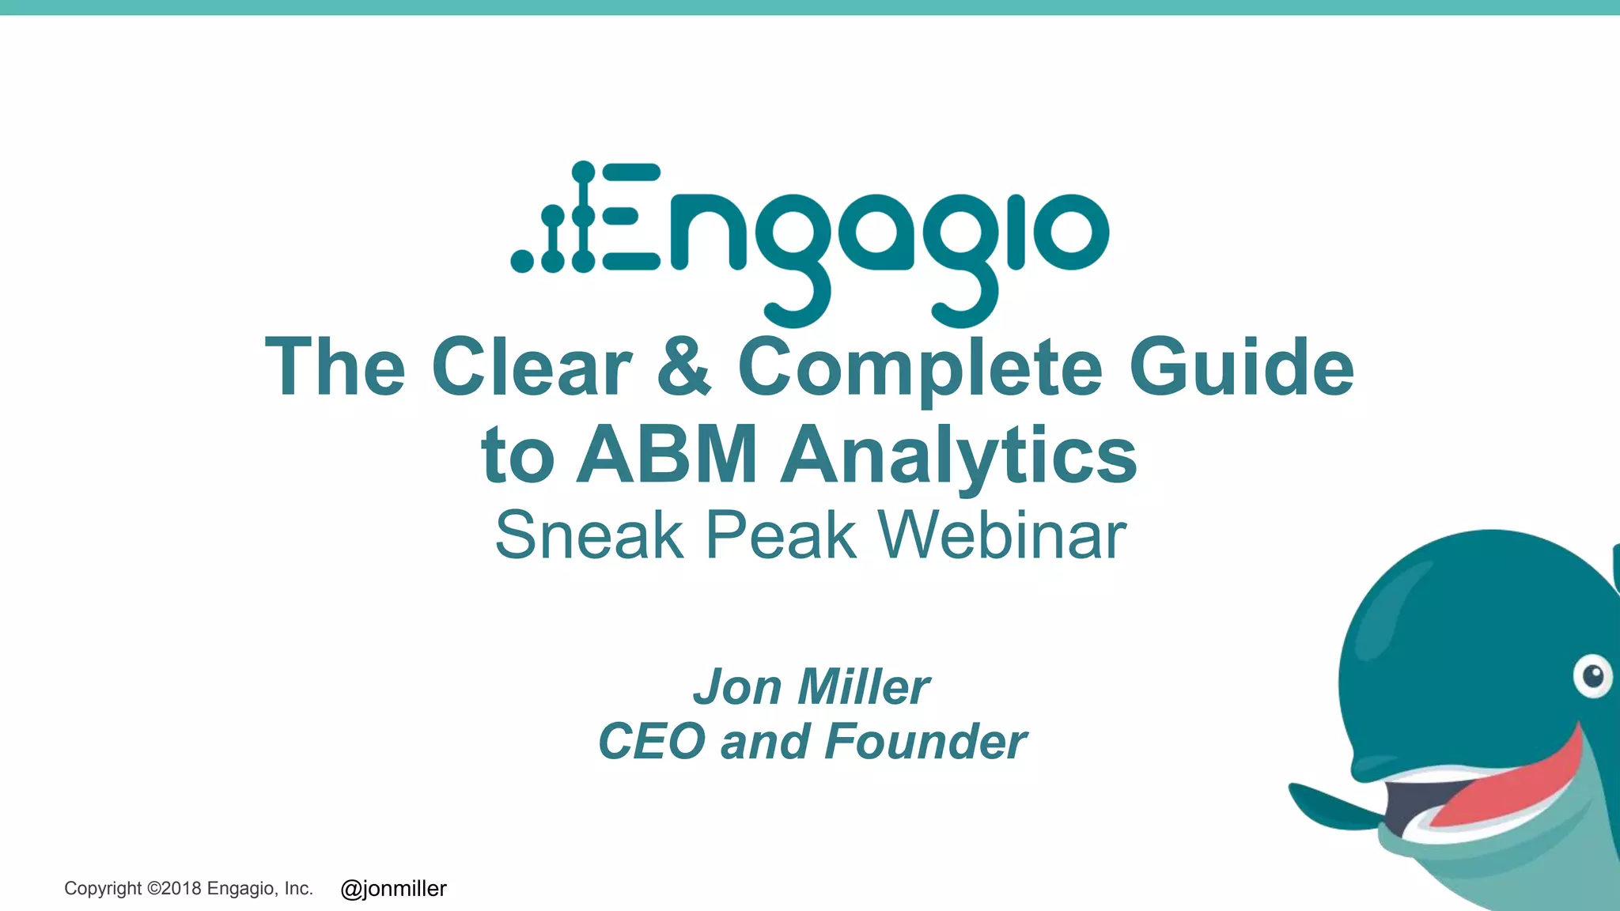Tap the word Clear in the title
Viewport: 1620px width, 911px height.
tap(532, 368)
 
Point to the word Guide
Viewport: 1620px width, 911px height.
tap(1241, 368)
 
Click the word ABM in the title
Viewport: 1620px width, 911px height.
tap(667, 455)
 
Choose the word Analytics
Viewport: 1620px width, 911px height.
tap(959, 457)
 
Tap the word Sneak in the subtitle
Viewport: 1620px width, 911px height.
tap(589, 535)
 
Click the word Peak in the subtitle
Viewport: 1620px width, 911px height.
tap(781, 535)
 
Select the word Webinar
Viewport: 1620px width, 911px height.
tap(1002, 535)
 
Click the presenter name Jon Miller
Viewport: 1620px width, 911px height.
tap(812, 686)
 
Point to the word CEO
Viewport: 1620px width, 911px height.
tap(651, 742)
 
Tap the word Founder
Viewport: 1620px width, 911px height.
tap(925, 742)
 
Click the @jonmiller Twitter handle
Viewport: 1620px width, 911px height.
tap(393, 889)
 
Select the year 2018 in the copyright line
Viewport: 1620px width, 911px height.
tap(181, 889)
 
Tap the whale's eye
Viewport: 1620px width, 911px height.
tap(1592, 677)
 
